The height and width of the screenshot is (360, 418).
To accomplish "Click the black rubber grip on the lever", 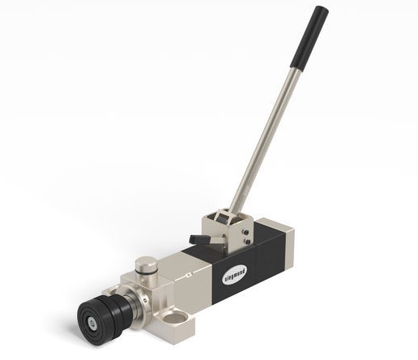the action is (309, 38).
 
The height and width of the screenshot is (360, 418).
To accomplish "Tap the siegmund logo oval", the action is (235, 275).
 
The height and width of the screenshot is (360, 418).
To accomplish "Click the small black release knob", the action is (199, 239).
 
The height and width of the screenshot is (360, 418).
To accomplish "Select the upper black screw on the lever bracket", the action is (245, 232).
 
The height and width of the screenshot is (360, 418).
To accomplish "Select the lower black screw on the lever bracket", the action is (248, 241).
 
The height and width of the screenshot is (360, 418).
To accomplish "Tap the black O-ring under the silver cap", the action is (146, 269).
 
